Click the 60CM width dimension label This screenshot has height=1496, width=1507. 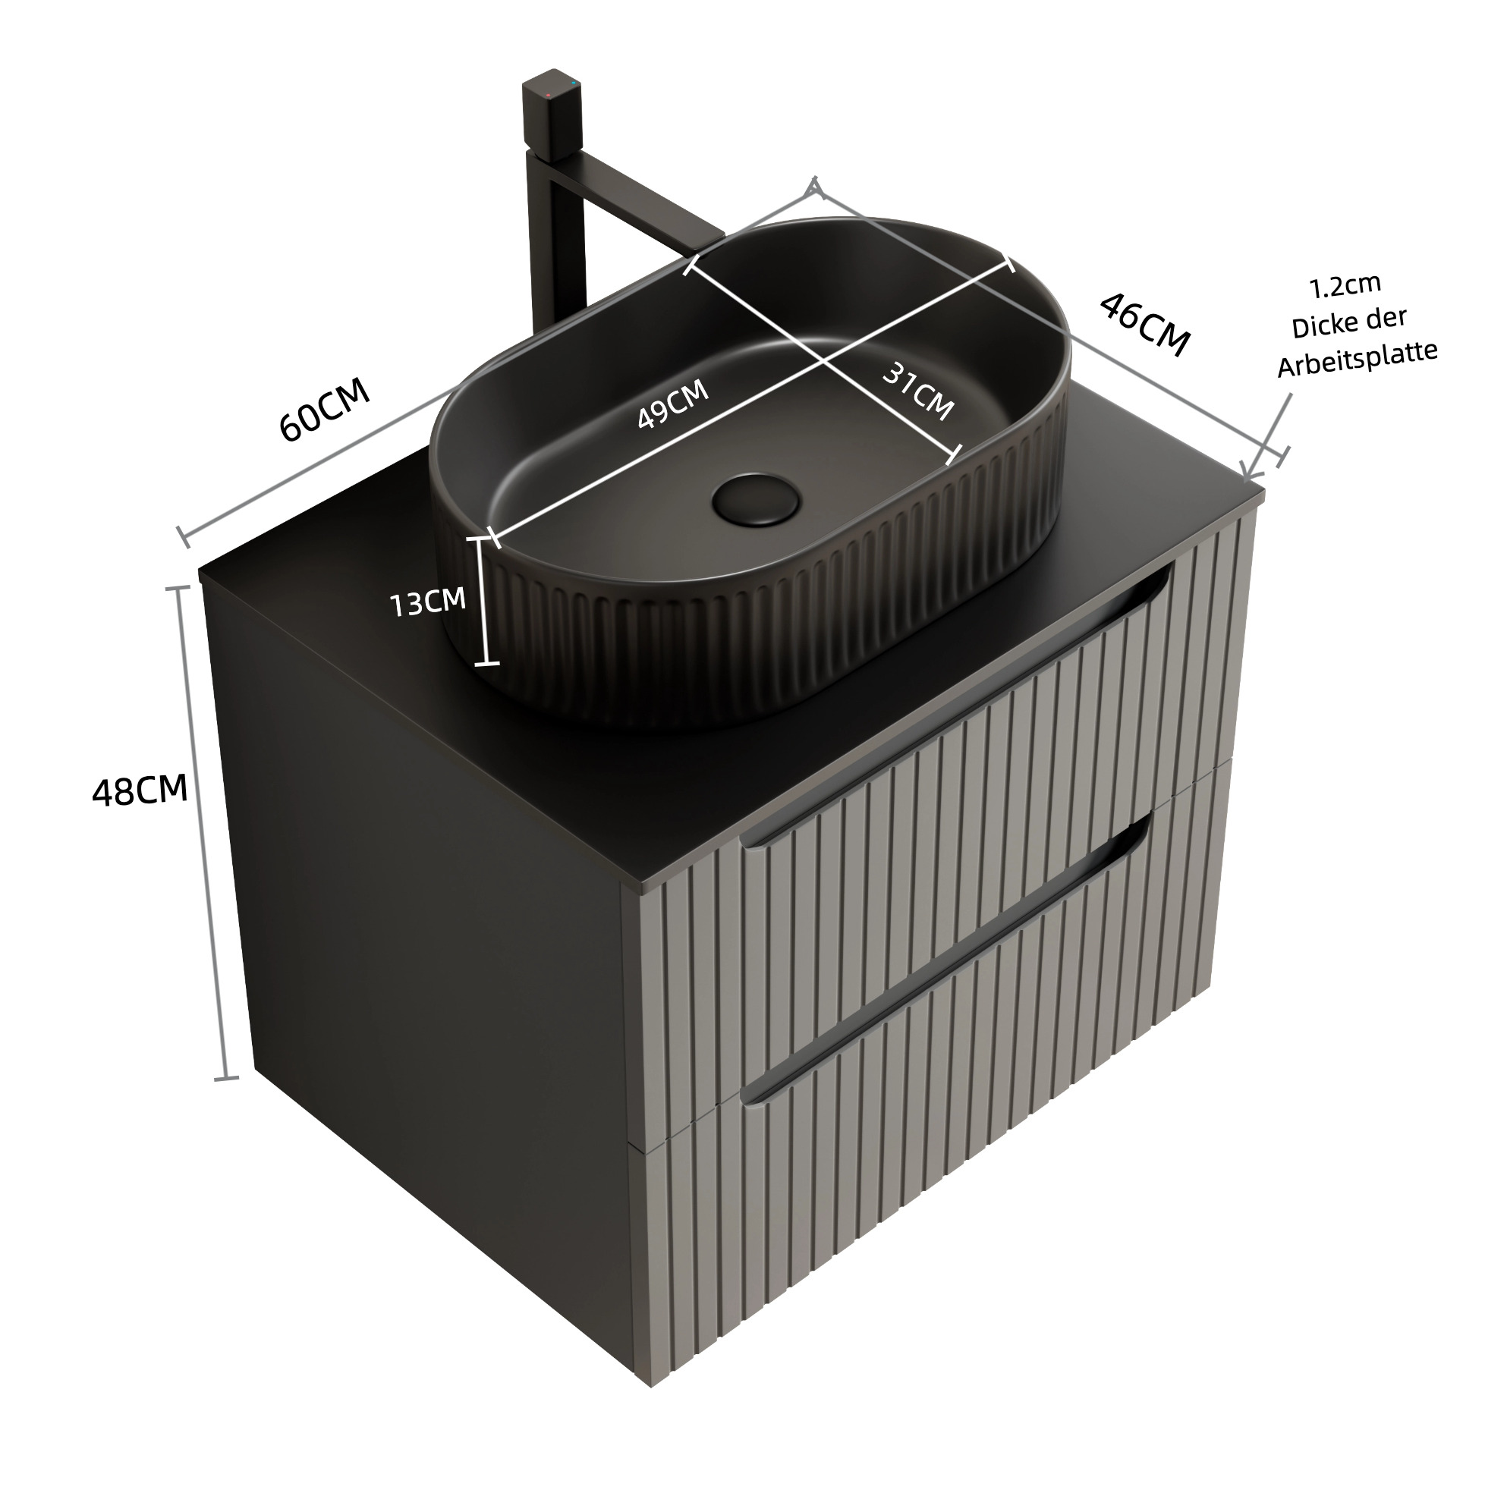pyautogui.click(x=325, y=411)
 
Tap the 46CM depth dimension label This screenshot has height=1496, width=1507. pyautogui.click(x=1144, y=325)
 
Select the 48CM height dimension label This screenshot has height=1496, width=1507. pyautogui.click(x=140, y=791)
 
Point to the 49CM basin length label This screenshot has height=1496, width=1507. pyautogui.click(x=673, y=404)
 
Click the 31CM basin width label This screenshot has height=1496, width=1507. pyautogui.click(x=918, y=392)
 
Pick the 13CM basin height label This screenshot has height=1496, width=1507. pyautogui.click(x=427, y=602)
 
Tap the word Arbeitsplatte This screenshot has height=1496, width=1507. pyautogui.click(x=1358, y=358)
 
